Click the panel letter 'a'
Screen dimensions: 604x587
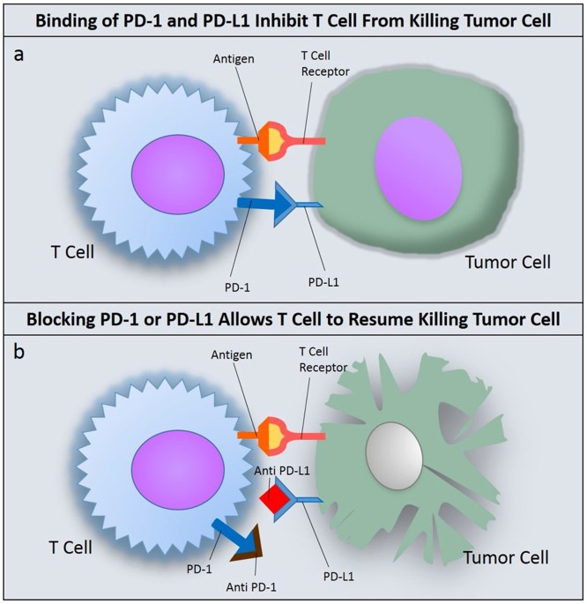tap(19, 54)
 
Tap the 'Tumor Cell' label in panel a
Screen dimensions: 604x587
tap(509, 262)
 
